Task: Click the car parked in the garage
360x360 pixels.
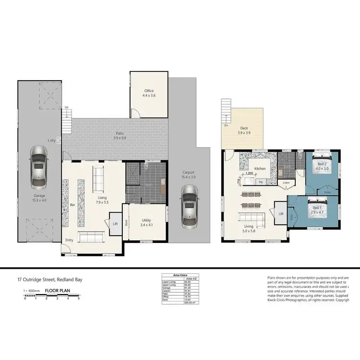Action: click(38, 166)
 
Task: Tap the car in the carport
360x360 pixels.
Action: click(189, 207)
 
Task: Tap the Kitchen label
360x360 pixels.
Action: click(260, 169)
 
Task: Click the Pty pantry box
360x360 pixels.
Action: click(261, 182)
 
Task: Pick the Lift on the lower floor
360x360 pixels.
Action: click(115, 224)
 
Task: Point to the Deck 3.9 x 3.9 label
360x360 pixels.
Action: click(243, 131)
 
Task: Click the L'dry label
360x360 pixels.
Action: click(51, 140)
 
